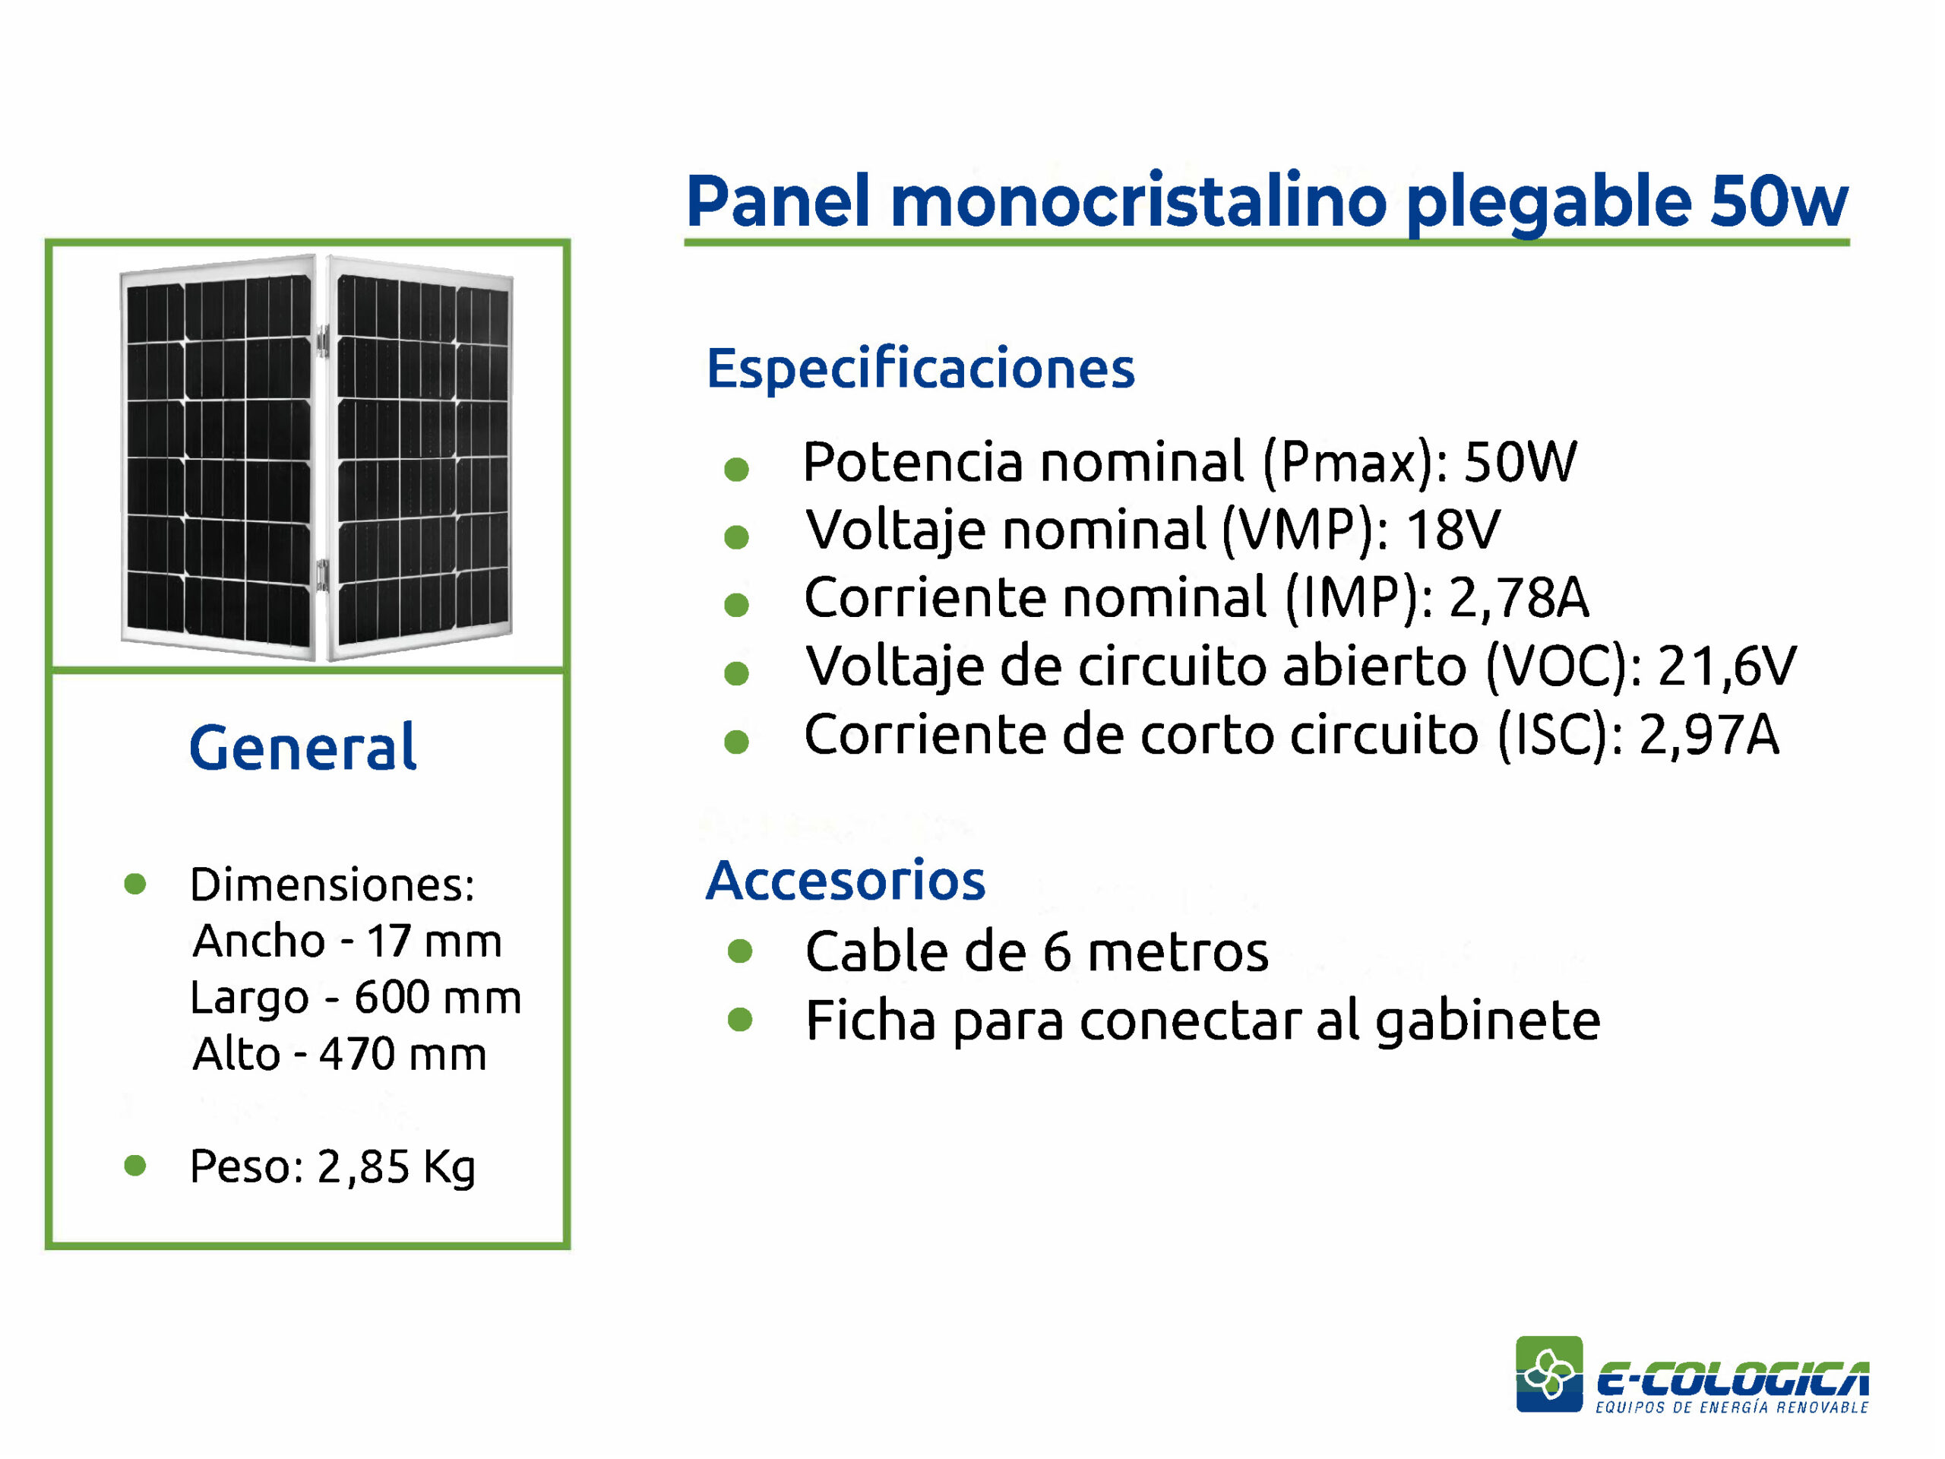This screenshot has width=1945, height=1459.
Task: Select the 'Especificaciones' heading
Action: tap(920, 368)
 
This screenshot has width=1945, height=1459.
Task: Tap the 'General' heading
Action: tap(302, 748)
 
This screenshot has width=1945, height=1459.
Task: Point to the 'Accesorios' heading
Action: tap(845, 879)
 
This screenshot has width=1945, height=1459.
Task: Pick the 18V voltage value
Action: tap(1453, 530)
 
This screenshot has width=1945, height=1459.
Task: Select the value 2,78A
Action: tap(1519, 598)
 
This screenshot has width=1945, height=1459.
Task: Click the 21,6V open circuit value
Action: tap(1727, 666)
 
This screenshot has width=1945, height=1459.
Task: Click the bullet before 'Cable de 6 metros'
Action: tap(740, 951)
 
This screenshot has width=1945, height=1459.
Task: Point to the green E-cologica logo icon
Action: tap(1549, 1374)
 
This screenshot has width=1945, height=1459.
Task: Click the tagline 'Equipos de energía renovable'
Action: tap(1732, 1408)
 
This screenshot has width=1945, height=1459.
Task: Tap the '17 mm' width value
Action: tap(434, 941)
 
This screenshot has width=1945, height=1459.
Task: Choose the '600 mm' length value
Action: tap(438, 997)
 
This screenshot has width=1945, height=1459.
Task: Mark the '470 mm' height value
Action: tap(403, 1053)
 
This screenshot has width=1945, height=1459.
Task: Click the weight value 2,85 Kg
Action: tap(396, 1167)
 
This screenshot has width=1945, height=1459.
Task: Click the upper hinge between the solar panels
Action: tap(323, 340)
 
